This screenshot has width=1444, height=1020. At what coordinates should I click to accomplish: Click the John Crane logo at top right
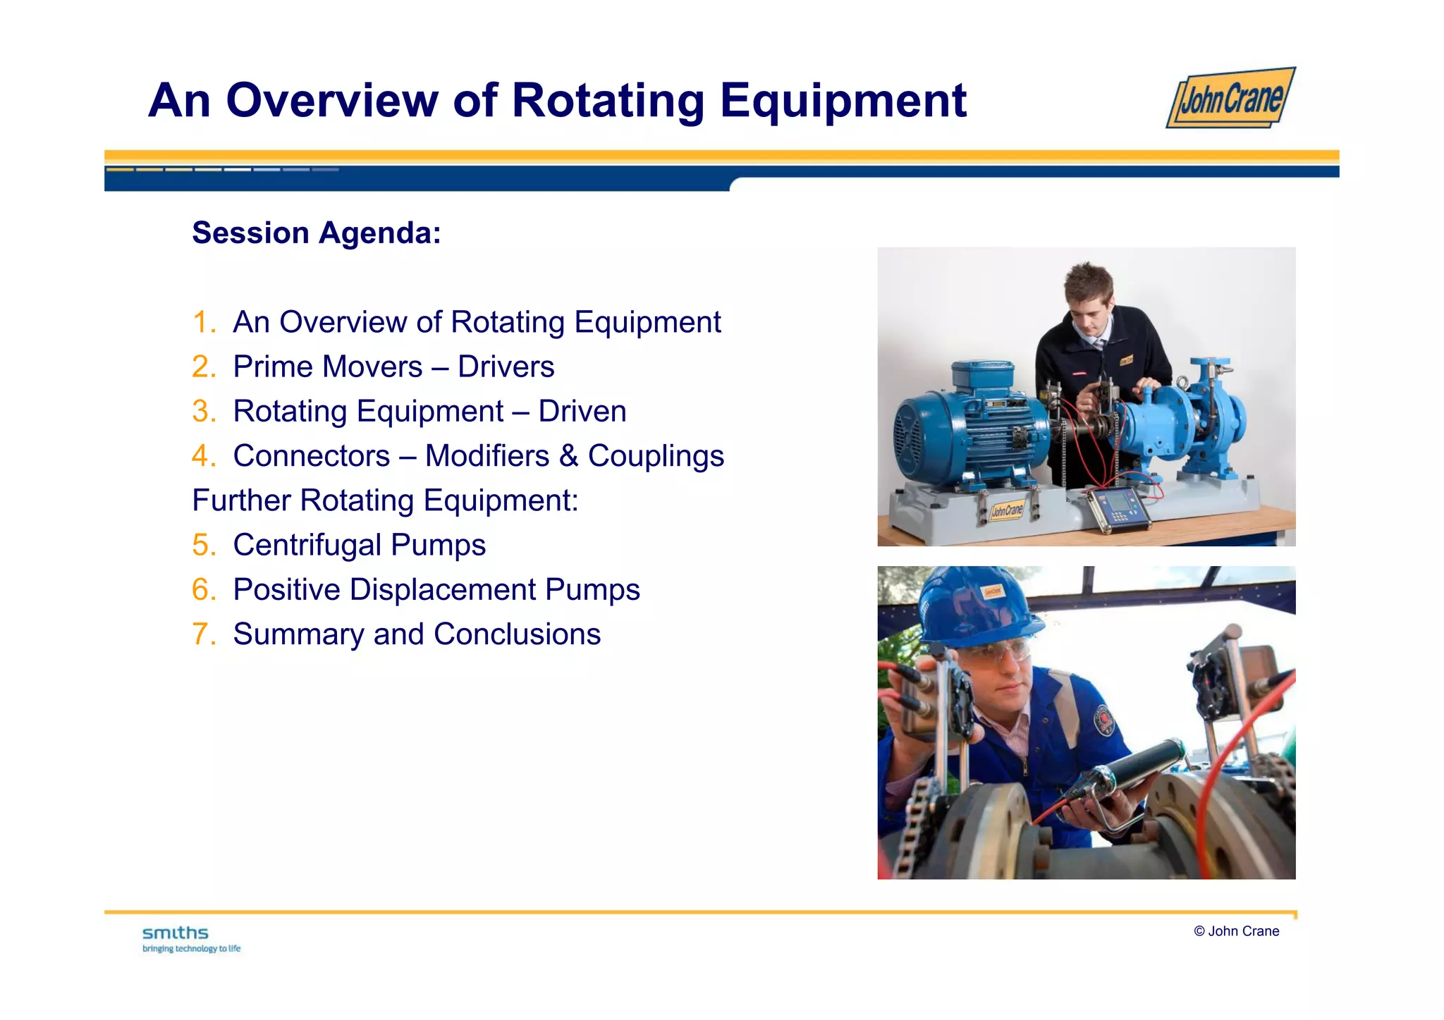coord(1230,99)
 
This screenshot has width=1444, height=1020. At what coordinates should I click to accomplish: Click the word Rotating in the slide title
coord(608,100)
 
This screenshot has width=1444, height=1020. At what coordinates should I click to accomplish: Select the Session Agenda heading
coord(317,233)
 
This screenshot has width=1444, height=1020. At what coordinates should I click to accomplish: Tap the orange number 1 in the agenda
coord(202,322)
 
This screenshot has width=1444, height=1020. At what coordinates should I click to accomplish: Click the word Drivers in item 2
coord(506,367)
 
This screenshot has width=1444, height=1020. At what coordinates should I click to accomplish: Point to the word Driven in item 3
coord(582,412)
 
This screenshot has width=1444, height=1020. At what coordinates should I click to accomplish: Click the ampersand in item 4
coord(568,456)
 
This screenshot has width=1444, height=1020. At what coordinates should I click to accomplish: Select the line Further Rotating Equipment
coord(385,500)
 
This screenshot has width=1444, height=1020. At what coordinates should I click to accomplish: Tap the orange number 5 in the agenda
coord(202,545)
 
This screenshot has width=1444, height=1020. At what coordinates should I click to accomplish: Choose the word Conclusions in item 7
coord(517,634)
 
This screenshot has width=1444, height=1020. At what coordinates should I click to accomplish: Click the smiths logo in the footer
coord(176,933)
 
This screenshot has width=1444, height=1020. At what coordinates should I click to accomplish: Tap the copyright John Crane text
coord(1236,931)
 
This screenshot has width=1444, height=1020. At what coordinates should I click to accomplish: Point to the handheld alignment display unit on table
coord(1118,508)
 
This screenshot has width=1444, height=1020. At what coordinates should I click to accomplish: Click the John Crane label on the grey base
coord(1006,510)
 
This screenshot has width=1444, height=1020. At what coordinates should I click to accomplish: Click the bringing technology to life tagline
coord(191,949)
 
